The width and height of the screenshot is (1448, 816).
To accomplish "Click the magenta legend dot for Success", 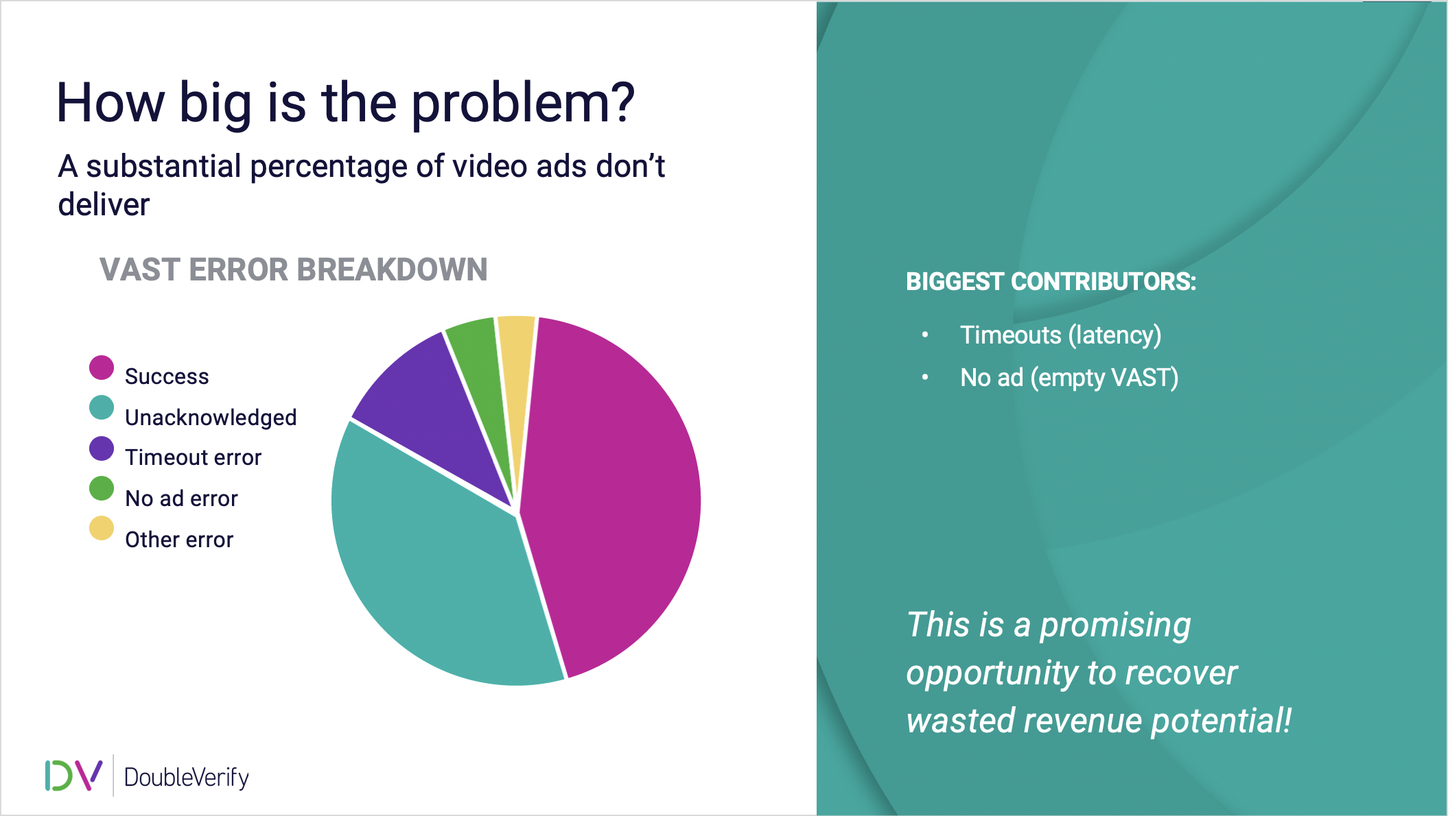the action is (102, 368).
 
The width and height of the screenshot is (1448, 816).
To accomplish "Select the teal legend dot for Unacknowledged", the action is (102, 407).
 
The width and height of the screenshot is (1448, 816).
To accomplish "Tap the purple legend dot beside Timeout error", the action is (102, 448).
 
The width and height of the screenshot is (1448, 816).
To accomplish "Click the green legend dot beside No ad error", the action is (102, 488).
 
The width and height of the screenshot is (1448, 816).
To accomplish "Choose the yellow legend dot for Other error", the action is (102, 528).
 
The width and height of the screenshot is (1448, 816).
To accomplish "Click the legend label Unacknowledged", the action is (211, 418).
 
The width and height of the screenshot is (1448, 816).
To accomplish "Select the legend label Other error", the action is (179, 540).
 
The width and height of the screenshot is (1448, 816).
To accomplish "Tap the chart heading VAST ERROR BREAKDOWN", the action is (294, 269).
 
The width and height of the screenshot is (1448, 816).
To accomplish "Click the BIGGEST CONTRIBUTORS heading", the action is (1051, 282).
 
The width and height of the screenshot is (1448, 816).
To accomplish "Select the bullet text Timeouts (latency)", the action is (1060, 335).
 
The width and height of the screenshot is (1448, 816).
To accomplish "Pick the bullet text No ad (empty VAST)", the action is (1069, 378).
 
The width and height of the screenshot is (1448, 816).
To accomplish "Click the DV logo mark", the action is (73, 775).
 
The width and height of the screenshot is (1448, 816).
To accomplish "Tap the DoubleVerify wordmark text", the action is (187, 778).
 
